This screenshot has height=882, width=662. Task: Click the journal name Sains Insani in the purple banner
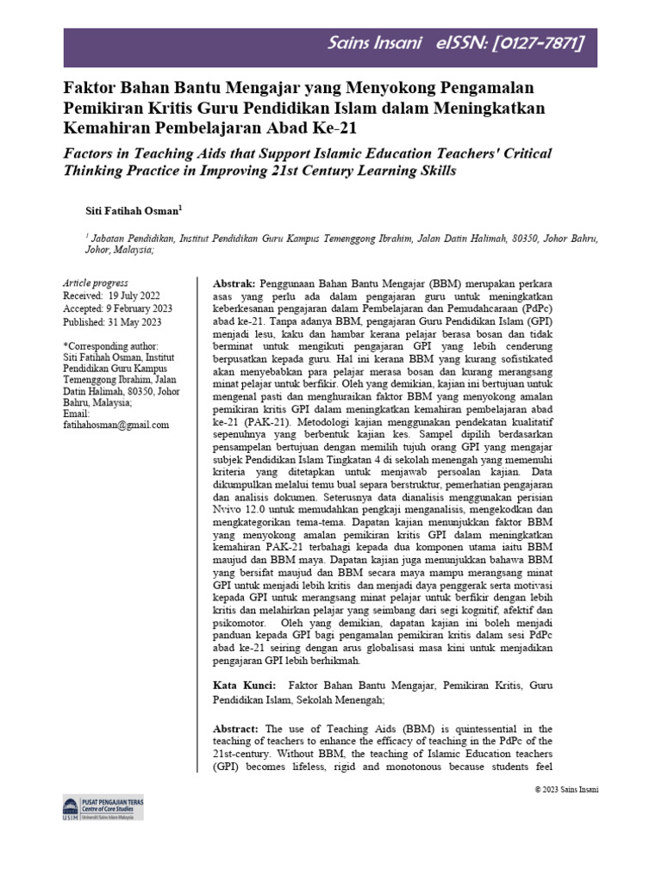(382, 43)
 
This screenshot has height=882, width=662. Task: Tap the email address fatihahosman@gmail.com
(116, 425)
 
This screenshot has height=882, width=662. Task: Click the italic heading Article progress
(96, 283)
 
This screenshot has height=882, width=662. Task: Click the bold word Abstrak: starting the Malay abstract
(234, 283)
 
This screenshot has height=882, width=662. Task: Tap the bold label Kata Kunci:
(244, 686)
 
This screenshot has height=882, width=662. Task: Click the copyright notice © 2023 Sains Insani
(566, 789)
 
